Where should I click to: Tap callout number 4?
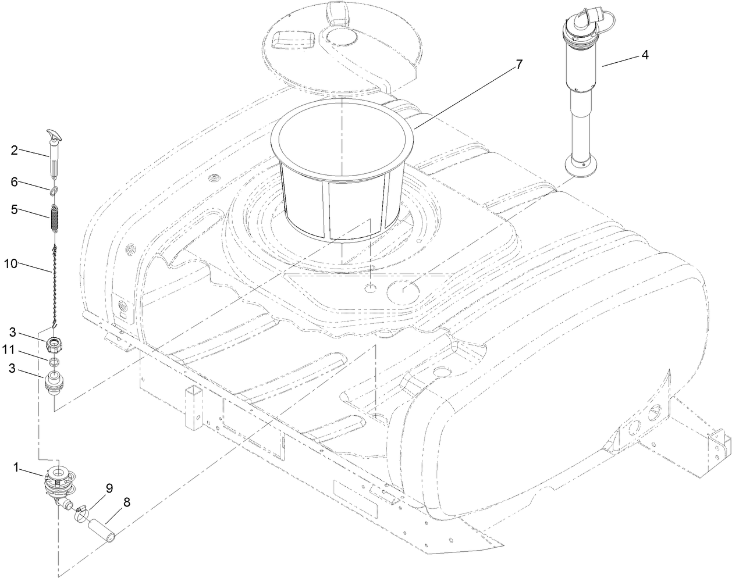[645, 55]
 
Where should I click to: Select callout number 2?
[15, 150]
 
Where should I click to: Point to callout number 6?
[15, 181]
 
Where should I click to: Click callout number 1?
[17, 466]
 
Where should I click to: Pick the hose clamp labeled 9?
[81, 512]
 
